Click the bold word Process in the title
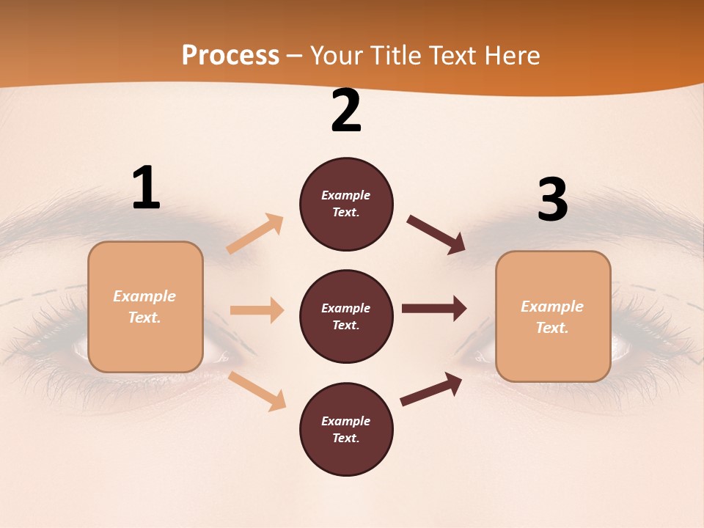(230, 56)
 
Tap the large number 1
(146, 188)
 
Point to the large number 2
(346, 111)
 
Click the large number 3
(552, 200)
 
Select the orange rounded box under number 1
(145, 307)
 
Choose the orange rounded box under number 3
(553, 317)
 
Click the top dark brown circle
(346, 204)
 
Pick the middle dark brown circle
(346, 317)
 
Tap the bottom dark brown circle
(346, 430)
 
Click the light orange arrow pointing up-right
(255, 234)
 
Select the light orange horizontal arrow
(257, 310)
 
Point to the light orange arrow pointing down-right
(257, 390)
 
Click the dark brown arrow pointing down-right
(436, 235)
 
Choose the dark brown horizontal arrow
(434, 308)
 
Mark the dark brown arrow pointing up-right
(432, 389)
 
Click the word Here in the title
(513, 56)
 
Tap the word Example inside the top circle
(346, 195)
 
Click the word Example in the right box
(552, 307)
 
